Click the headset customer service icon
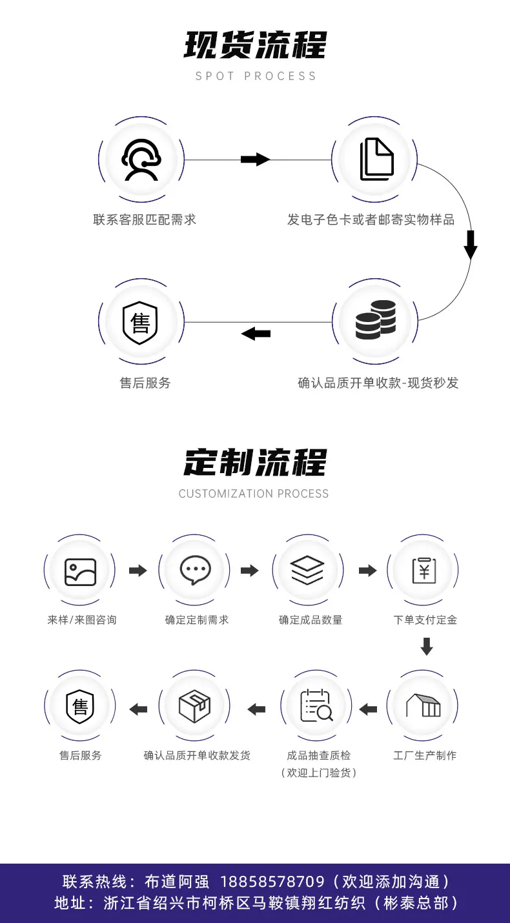point(141,160)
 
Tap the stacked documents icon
point(377,159)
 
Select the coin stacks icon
point(376,319)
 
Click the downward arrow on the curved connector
point(471,245)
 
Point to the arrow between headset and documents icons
point(255,159)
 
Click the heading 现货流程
point(255,45)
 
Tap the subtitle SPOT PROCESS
point(256,76)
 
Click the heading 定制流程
point(255,462)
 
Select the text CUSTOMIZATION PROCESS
point(254,494)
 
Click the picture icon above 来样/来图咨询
point(81,572)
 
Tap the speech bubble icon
point(196,570)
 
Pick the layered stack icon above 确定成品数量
point(307,570)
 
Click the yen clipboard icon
point(424,571)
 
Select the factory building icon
point(423,706)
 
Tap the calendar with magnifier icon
point(316,706)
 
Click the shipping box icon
point(194,706)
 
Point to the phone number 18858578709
point(272,882)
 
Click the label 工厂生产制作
point(425,755)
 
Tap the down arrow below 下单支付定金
point(427,647)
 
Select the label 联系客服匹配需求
point(145,219)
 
